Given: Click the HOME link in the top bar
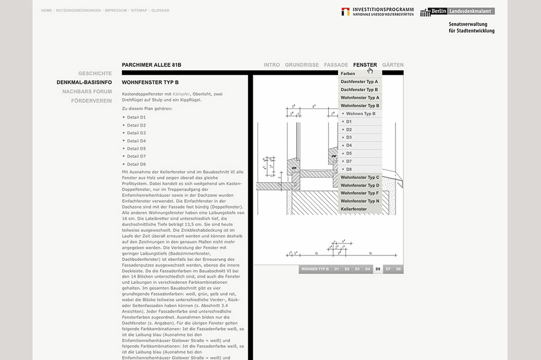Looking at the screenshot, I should [x=46, y=11].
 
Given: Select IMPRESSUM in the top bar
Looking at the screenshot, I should [x=116, y=11].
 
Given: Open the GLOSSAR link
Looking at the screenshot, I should [x=160, y=11].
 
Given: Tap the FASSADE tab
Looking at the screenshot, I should [x=336, y=65].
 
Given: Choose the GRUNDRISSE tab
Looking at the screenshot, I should [x=302, y=65].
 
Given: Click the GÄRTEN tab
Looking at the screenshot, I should [x=393, y=65].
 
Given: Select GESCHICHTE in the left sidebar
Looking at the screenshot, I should [x=95, y=73].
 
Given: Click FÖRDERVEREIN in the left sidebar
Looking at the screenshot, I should [x=91, y=100].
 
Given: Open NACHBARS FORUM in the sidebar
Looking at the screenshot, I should [x=87, y=91].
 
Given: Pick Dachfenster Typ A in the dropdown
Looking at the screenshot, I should [x=359, y=82].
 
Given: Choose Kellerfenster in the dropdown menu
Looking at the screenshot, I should [x=353, y=209].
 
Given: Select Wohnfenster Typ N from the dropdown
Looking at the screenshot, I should [x=360, y=201].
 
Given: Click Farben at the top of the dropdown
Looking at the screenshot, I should [x=348, y=73].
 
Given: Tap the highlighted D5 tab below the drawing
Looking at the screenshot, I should [x=377, y=269].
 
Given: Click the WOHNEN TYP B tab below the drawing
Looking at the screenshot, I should [x=315, y=269].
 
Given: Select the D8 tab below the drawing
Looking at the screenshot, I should [x=398, y=269].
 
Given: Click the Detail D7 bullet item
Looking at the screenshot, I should [x=136, y=156].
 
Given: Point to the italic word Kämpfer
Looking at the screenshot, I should [x=181, y=93].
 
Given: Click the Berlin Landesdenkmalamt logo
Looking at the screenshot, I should [x=458, y=12].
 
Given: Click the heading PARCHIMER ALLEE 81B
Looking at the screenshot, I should [x=152, y=65].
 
